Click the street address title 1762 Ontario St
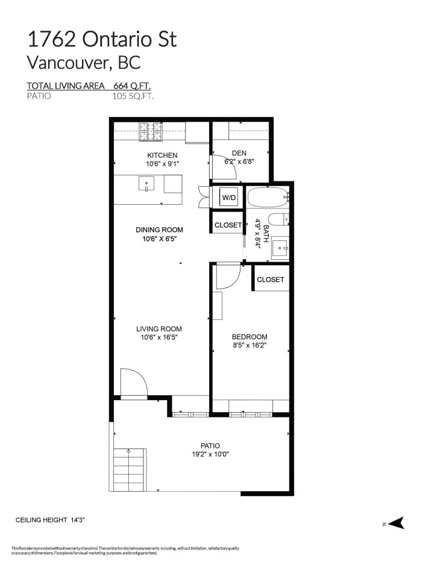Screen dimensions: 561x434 102,39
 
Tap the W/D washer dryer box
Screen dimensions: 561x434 228,197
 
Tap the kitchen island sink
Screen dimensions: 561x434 146,183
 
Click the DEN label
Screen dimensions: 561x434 240,153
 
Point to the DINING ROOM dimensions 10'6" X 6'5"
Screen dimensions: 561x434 159,239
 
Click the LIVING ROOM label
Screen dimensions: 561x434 159,329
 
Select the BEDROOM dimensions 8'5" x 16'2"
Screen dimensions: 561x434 250,346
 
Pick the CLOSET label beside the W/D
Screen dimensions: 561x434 228,225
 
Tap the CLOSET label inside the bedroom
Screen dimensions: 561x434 270,280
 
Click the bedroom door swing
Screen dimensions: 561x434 228,276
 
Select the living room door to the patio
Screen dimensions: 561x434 133,384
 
